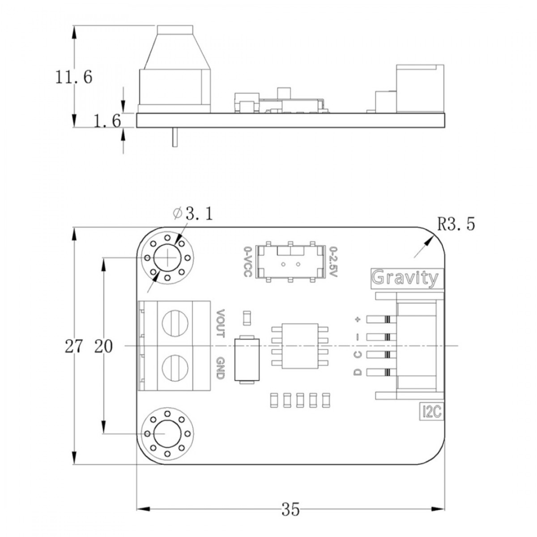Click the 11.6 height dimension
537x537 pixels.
[74, 77]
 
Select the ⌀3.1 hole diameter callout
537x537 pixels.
[193, 214]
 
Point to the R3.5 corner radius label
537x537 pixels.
[456, 224]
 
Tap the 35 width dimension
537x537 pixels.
[290, 509]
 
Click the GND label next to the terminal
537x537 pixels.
[220, 368]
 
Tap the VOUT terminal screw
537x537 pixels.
[173, 323]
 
